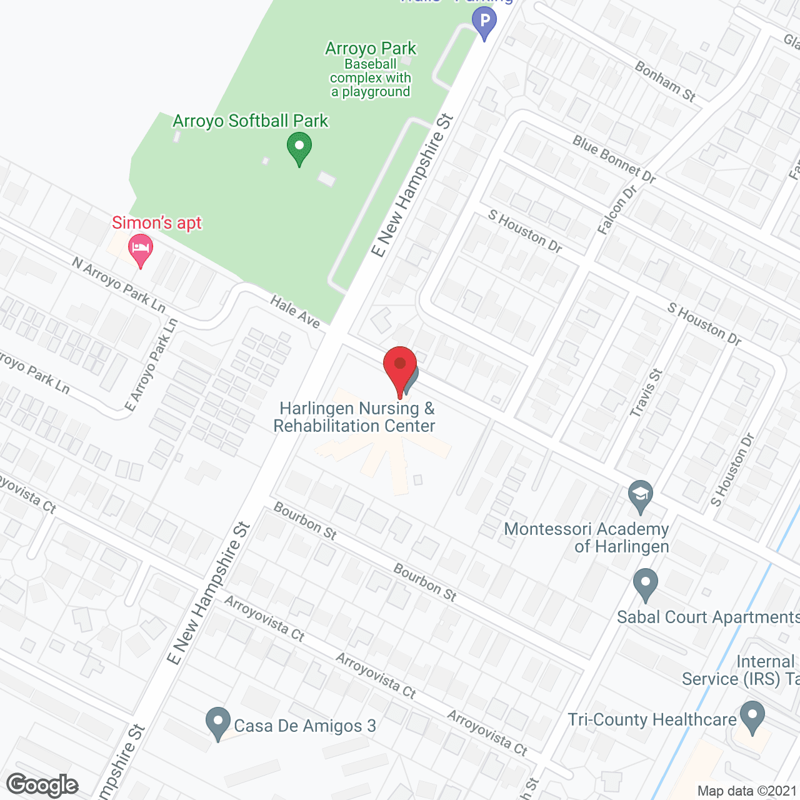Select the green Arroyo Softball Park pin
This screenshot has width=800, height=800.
[299, 148]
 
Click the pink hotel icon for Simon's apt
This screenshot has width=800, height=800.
[141, 249]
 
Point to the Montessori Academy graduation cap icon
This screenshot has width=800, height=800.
[640, 496]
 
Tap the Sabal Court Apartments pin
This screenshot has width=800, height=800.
[646, 584]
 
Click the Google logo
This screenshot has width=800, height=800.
[42, 785]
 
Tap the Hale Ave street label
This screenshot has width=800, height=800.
[295, 312]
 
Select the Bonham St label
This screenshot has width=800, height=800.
[665, 81]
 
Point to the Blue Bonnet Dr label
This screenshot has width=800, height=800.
[614, 159]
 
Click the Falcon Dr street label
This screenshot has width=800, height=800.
[616, 210]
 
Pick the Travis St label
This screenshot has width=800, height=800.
[646, 392]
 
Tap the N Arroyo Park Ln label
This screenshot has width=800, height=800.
[119, 285]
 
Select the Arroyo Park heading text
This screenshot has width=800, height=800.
[371, 49]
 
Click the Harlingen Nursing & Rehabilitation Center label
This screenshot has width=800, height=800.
[355, 417]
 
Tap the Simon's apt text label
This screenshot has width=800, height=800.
[157, 223]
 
